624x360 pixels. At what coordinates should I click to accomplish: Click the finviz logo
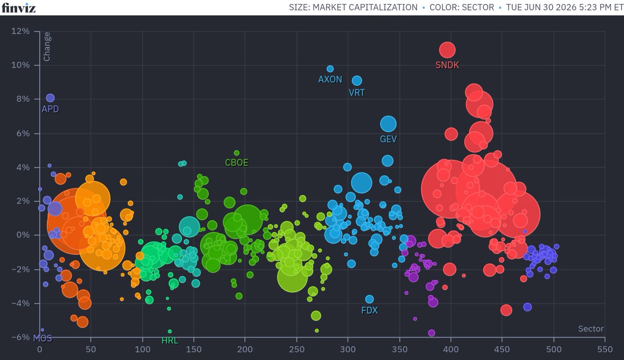[x=18, y=7]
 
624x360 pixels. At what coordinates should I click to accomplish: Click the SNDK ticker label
[x=447, y=65]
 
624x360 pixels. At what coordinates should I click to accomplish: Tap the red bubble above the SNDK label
[x=447, y=50]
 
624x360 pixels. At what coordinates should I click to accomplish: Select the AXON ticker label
[x=330, y=80]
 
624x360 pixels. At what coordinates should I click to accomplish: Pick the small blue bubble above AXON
[x=330, y=69]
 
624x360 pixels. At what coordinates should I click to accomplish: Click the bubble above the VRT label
[x=357, y=81]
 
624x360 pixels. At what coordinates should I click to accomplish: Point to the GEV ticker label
[x=388, y=139]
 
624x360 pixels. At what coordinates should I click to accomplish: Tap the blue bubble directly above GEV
[x=388, y=124]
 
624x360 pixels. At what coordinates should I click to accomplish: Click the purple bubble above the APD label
[x=50, y=98]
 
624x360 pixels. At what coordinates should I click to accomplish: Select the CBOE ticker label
[x=237, y=162]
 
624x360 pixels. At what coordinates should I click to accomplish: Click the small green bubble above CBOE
[x=237, y=153]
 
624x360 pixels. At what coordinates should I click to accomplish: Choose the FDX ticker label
[x=369, y=310]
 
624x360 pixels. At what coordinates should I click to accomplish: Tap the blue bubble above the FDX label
[x=369, y=299]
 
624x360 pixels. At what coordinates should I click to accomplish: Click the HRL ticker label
[x=170, y=341]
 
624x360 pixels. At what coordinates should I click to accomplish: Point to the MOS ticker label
[x=43, y=338]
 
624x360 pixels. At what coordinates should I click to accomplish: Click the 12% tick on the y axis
[x=20, y=31]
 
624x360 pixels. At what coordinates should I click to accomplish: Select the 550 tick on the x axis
[x=605, y=350]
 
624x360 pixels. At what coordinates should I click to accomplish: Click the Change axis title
[x=47, y=46]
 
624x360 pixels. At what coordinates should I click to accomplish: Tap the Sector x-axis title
[x=591, y=329]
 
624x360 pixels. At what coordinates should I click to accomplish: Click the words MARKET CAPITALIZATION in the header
[x=365, y=7]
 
